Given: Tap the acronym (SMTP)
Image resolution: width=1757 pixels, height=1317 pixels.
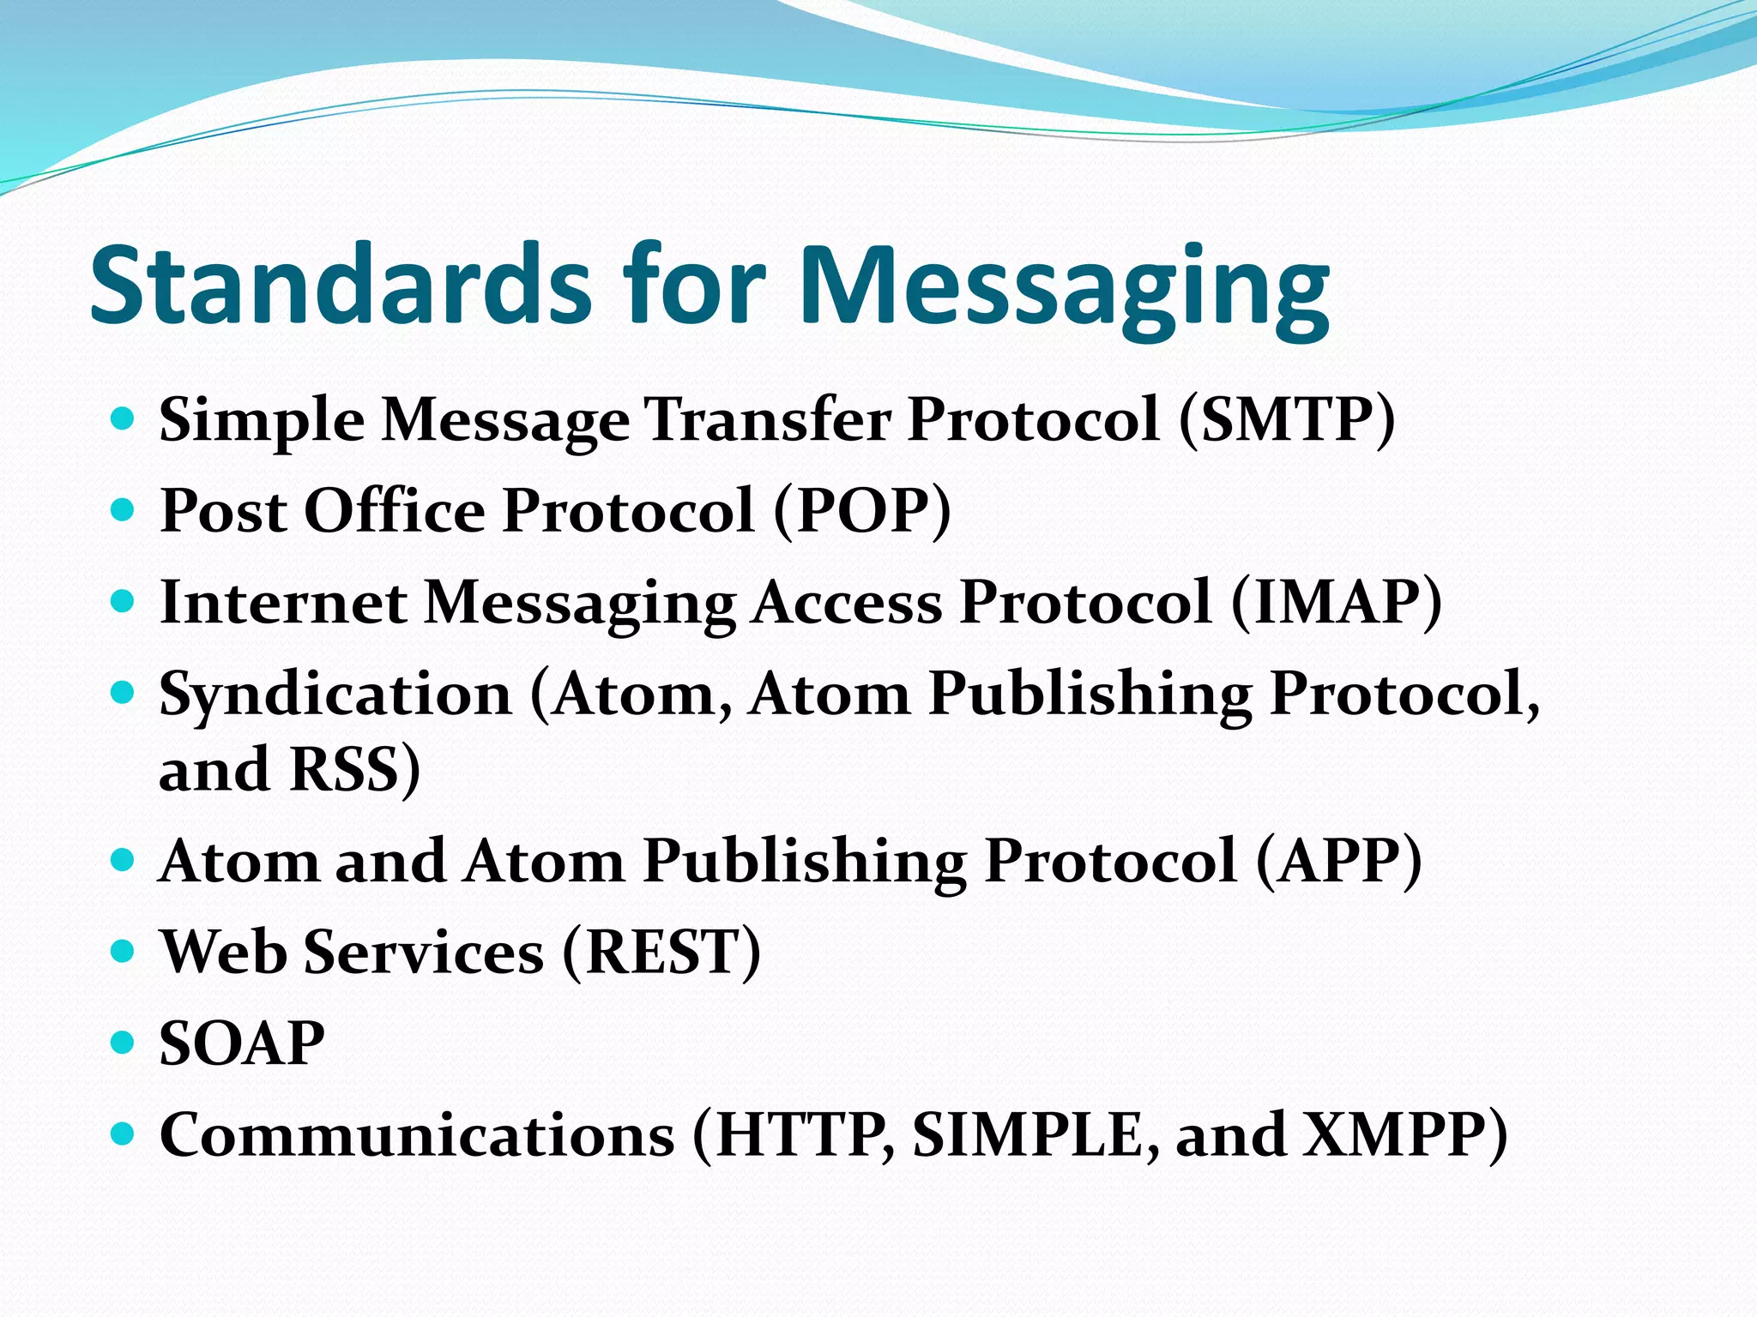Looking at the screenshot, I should [1287, 420].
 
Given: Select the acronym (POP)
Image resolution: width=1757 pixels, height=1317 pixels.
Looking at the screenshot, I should [862, 511].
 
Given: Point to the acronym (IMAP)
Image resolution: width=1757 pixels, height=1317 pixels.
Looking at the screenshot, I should [1337, 602].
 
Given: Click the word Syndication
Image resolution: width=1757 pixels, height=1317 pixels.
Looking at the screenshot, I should [335, 695].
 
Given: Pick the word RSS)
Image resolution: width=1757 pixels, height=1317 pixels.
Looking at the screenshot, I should [354, 769].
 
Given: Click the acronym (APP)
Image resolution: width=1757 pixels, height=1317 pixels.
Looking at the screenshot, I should [1338, 861].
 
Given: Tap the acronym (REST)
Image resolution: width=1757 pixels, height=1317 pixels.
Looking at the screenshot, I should [661, 952].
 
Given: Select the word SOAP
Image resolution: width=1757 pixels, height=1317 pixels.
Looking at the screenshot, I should [242, 1043].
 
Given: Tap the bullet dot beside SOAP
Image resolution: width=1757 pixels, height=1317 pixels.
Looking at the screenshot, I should [124, 1043].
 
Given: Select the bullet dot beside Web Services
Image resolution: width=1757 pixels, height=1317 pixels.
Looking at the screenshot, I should [124, 951].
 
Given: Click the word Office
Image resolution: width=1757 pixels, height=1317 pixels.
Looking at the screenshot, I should [395, 511].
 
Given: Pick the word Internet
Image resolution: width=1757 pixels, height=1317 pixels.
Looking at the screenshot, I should [283, 602].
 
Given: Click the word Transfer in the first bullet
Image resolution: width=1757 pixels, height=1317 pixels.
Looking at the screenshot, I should [768, 420].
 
